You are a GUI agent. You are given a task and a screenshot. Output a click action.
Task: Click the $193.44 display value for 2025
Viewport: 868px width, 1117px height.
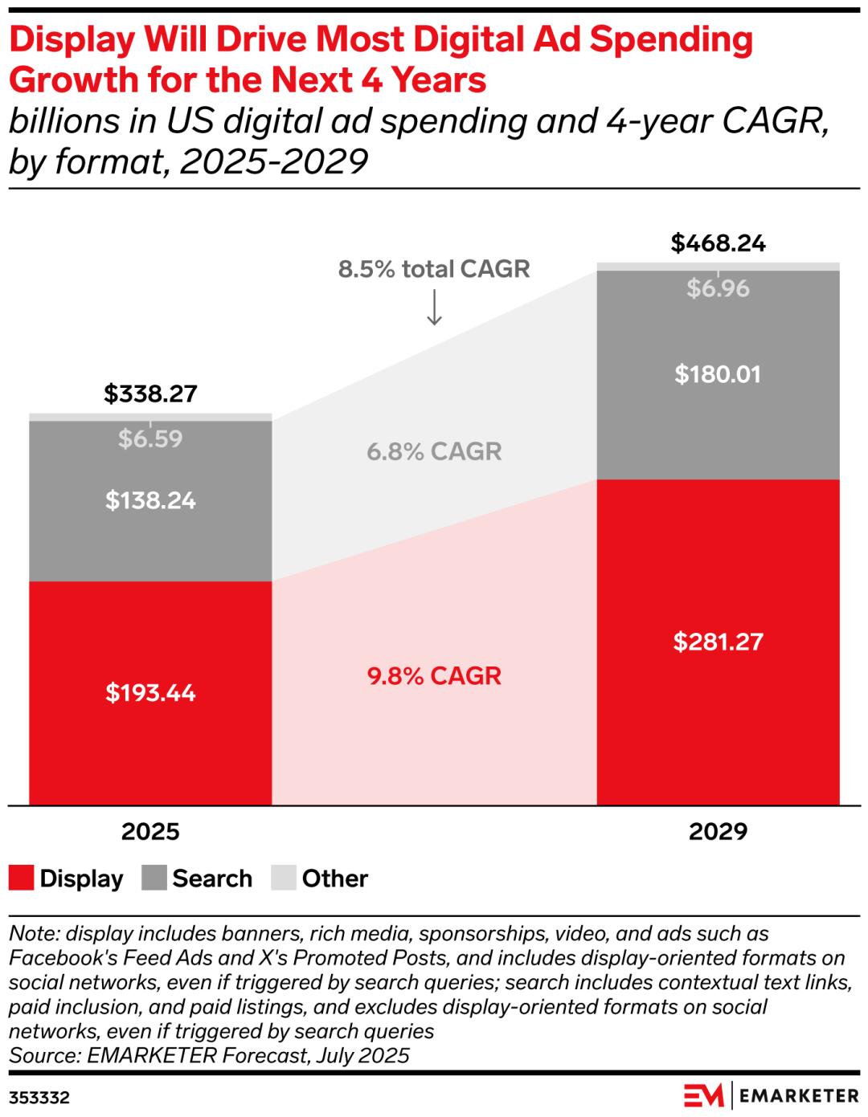[150, 693]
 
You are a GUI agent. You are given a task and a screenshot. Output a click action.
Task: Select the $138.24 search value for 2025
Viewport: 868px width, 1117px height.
[150, 501]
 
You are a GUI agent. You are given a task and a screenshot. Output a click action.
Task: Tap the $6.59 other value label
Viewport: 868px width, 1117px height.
[150, 439]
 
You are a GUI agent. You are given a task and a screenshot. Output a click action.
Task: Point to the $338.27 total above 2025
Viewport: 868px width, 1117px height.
[150, 393]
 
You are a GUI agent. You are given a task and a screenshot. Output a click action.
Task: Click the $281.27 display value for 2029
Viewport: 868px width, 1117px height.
[718, 642]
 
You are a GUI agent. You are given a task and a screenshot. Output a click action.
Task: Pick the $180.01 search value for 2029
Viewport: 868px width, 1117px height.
[718, 374]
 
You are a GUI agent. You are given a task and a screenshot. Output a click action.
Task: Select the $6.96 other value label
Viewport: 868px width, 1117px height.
[718, 289]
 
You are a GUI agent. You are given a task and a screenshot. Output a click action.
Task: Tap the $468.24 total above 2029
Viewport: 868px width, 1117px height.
[718, 243]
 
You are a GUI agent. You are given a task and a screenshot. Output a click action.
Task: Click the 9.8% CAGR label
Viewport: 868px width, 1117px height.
[434, 676]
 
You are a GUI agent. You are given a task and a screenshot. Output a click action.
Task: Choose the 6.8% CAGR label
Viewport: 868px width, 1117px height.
[434, 451]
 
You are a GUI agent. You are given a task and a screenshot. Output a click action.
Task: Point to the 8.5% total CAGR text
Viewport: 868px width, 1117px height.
[434, 269]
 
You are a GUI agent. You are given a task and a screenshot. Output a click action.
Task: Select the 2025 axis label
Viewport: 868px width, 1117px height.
[150, 831]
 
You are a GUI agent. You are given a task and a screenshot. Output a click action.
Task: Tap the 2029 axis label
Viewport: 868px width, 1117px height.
[718, 831]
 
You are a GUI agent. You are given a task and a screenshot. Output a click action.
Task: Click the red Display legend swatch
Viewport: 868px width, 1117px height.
[22, 878]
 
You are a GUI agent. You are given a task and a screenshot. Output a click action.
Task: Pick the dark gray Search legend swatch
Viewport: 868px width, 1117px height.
[154, 878]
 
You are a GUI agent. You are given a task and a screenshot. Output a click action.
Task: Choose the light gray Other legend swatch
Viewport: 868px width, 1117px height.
[284, 878]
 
